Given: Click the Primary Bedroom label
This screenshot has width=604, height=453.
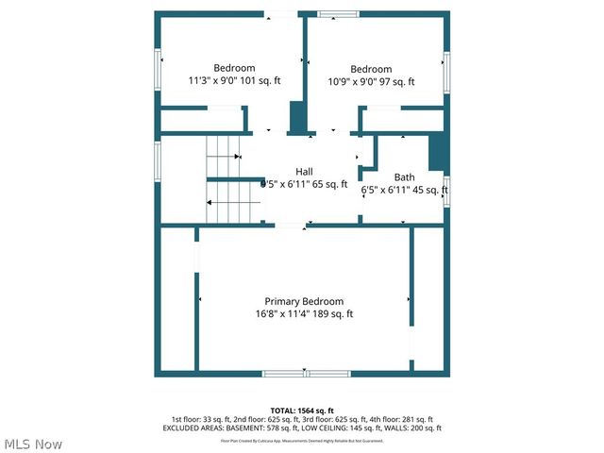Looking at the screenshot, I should click(x=304, y=300).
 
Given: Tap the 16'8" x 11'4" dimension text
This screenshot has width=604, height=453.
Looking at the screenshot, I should click(x=304, y=314).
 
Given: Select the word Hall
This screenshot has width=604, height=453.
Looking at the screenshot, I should click(x=304, y=171).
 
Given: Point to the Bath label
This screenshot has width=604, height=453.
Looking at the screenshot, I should click(x=404, y=176).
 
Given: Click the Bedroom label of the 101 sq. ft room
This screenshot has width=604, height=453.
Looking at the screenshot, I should click(x=234, y=68).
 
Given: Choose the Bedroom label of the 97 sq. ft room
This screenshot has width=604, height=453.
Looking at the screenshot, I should click(x=371, y=69).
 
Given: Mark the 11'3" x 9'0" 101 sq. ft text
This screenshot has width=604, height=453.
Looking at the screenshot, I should click(x=234, y=82).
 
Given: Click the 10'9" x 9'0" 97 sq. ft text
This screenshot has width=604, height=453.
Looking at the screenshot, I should click(x=371, y=82).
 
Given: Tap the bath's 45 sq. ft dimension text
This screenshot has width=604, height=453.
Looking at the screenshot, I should click(x=404, y=190).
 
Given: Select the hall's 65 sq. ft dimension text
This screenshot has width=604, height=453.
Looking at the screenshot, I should click(x=304, y=184).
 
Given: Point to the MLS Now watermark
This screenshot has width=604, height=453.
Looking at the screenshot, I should click(x=33, y=444).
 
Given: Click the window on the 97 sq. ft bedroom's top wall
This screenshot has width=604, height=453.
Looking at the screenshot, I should click(x=338, y=14).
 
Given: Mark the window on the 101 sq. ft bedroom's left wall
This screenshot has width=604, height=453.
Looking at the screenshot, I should click(x=159, y=68).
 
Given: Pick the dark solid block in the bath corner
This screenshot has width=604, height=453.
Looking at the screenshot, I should click(x=437, y=153).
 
